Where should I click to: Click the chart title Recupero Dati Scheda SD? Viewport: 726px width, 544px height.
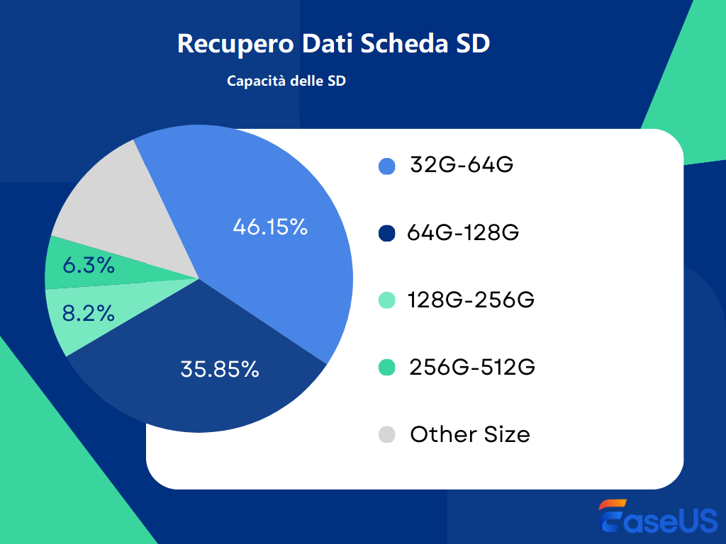(333, 43)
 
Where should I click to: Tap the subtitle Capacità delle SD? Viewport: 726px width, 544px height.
(286, 81)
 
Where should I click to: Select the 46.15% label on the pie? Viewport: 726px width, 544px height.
(270, 227)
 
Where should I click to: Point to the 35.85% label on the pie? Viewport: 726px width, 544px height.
(220, 369)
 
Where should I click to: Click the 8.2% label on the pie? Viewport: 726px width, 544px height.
(89, 314)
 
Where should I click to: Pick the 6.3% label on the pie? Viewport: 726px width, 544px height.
(89, 266)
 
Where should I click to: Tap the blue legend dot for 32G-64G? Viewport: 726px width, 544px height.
(387, 166)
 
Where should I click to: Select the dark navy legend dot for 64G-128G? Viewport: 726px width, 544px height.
(387, 233)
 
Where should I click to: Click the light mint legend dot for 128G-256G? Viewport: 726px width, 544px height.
(387, 300)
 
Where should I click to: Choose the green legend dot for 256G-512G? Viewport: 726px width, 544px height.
(387, 368)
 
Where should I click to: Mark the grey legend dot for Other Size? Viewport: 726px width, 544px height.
(387, 434)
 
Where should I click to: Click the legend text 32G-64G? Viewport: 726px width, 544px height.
(462, 166)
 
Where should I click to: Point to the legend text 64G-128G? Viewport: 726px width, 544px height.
(463, 233)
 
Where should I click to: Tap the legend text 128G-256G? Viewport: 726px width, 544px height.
(471, 300)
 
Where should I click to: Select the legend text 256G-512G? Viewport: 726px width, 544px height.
(472, 368)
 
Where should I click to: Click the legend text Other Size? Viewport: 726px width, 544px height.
(470, 434)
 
